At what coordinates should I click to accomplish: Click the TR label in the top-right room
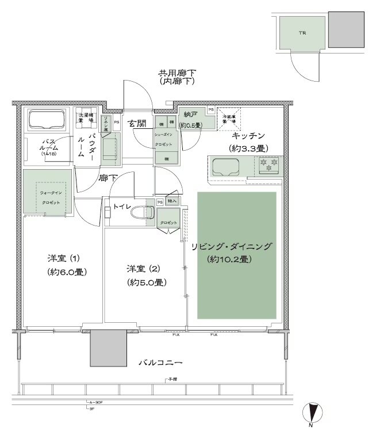click(x=301, y=33)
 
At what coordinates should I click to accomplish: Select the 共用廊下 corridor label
click(x=178, y=73)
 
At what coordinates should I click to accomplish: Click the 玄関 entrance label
click(x=136, y=123)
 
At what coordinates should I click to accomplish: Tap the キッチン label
click(x=248, y=136)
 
